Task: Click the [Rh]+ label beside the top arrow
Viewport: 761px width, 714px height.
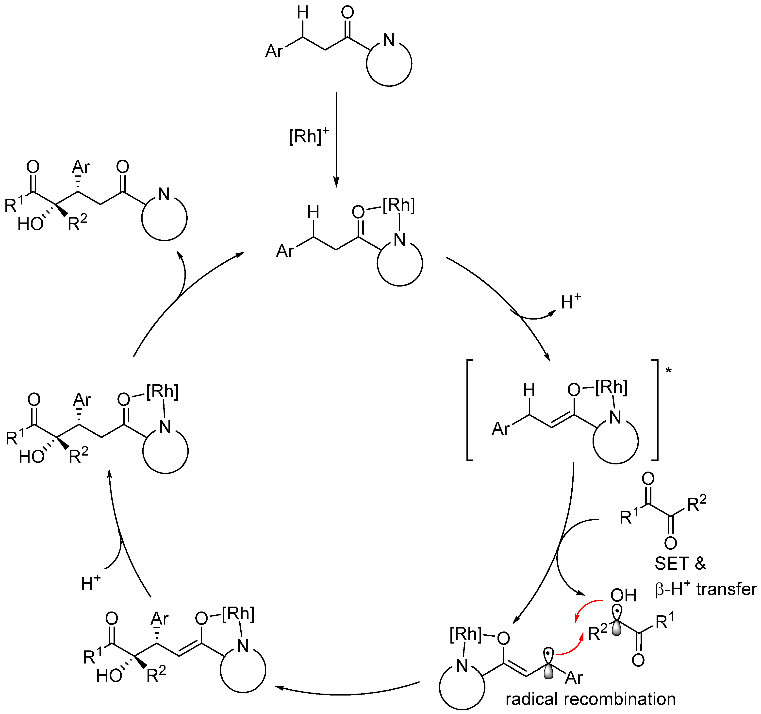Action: (x=309, y=136)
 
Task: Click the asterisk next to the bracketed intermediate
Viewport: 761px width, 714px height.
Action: (x=669, y=370)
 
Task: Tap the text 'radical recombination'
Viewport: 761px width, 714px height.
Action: (x=590, y=699)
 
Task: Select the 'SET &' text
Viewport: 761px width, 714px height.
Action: (x=680, y=563)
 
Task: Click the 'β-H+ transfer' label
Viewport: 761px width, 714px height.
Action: (x=706, y=589)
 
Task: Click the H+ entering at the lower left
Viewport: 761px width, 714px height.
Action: (x=91, y=583)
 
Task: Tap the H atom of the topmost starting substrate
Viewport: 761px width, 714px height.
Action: (x=302, y=13)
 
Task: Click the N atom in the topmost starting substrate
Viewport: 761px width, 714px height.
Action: (x=389, y=40)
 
